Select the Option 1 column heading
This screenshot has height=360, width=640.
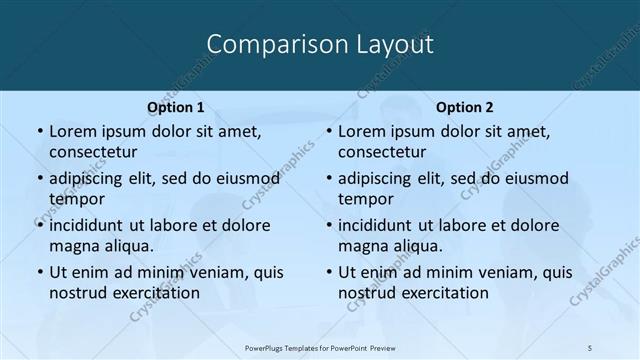(x=175, y=107)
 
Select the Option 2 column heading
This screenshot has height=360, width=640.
(x=465, y=107)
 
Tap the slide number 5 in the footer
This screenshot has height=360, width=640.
(x=590, y=348)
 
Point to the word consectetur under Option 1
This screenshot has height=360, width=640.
(x=93, y=152)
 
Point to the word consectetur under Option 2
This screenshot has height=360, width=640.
(x=383, y=152)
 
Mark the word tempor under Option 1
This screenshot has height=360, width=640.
(x=76, y=198)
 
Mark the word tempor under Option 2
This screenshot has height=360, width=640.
(x=366, y=198)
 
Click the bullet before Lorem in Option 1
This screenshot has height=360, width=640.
(x=38, y=132)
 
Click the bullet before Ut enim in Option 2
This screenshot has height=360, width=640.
(x=328, y=272)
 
